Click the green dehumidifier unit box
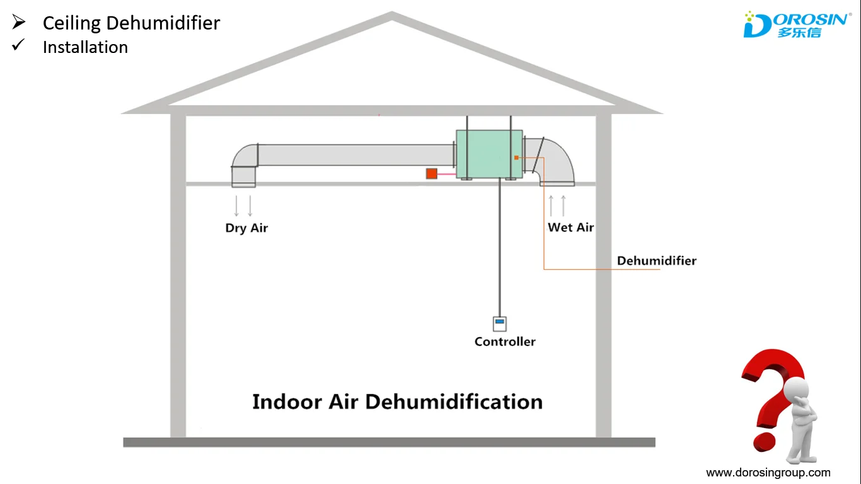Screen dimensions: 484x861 point(489,154)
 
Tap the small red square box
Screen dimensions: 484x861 point(432,173)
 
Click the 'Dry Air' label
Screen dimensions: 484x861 point(246,228)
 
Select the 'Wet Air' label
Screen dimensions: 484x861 point(570,228)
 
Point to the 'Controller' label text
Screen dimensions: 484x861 point(505,342)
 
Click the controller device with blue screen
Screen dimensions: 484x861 point(500,323)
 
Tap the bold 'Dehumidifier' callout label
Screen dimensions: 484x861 point(656,261)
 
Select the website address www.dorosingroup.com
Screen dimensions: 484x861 point(768,473)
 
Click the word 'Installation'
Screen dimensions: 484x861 point(85,47)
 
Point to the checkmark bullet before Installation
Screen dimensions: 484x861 point(18,45)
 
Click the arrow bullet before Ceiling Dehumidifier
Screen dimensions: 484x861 point(18,23)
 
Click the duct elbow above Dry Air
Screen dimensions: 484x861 point(245,161)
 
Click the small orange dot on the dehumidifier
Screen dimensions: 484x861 point(516,158)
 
